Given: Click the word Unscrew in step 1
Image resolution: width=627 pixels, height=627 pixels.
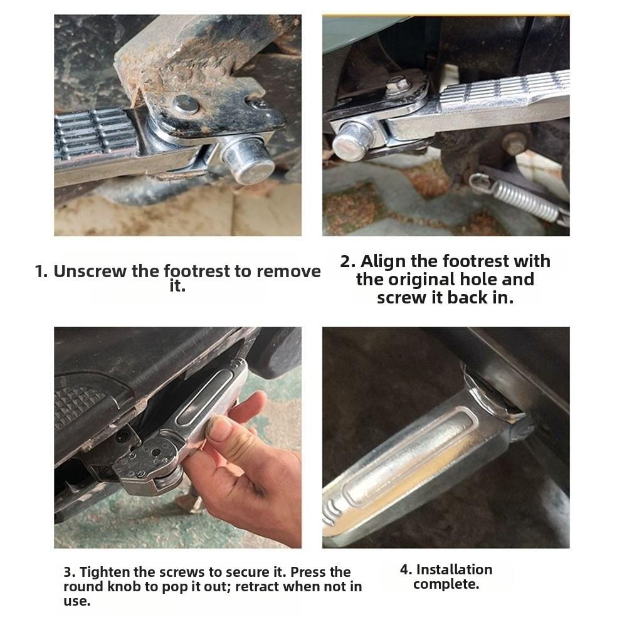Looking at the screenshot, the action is tap(89, 271).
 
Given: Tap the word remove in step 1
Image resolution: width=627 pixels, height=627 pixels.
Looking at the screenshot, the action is tap(288, 271).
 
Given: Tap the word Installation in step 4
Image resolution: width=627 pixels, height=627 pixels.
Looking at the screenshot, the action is tap(454, 569).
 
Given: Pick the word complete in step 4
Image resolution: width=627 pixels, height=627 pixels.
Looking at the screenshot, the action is tap(446, 584).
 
